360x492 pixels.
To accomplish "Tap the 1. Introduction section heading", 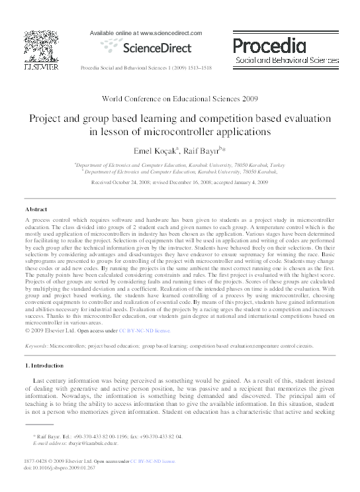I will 44,366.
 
